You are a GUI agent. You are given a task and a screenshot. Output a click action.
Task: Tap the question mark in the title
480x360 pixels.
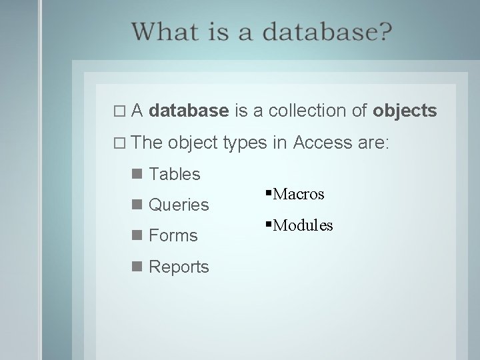click(x=385, y=31)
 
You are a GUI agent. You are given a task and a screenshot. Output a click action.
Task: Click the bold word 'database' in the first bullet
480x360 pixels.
click(x=190, y=110)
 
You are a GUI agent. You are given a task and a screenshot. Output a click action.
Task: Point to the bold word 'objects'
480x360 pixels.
click(x=405, y=110)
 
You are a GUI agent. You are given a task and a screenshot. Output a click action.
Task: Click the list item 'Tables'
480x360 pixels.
click(x=175, y=174)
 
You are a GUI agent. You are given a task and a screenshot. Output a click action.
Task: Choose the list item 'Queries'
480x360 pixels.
click(x=179, y=205)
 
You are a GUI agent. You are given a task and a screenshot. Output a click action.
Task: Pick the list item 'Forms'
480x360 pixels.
click(x=173, y=235)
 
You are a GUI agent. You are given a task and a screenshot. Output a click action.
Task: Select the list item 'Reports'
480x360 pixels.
click(x=179, y=267)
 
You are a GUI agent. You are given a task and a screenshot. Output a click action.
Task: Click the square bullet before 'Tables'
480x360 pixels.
click(x=137, y=174)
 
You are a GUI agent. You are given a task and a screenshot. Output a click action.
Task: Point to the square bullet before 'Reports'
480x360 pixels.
click(x=137, y=267)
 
